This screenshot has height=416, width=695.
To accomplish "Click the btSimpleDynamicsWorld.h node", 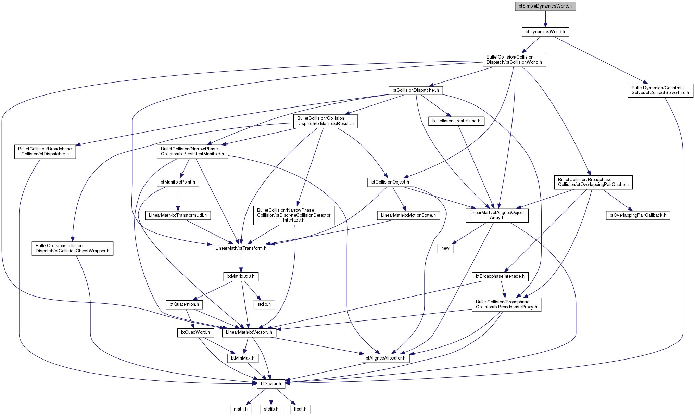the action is (545, 6).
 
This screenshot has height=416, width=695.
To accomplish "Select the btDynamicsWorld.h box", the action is (545, 32).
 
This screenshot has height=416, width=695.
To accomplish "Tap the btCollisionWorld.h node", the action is (514, 60).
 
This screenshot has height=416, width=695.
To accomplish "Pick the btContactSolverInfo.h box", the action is (660, 90).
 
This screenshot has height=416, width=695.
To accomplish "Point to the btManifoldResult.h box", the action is (325, 121).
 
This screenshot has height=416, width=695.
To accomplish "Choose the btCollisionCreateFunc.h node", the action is (456, 121).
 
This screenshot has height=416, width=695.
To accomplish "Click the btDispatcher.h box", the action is (45, 151).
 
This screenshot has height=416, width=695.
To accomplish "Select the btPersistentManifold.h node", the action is (192, 151).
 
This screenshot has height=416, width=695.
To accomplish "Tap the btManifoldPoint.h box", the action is (178, 182).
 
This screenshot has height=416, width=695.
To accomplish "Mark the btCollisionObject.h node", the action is (390, 182).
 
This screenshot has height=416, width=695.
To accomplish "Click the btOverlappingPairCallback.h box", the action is (638, 215).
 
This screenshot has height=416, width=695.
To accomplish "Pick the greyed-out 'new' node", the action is (445, 248).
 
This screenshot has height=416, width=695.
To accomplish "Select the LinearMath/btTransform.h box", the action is (241, 248).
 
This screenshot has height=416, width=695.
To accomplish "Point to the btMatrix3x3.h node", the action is (241, 276).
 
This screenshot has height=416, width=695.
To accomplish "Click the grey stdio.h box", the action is (264, 304).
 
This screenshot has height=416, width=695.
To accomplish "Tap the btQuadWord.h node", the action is (195, 332).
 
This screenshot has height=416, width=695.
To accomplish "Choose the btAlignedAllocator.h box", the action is (386, 358).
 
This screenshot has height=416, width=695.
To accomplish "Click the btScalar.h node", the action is (271, 384).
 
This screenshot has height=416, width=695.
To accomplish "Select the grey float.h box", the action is (300, 409).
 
